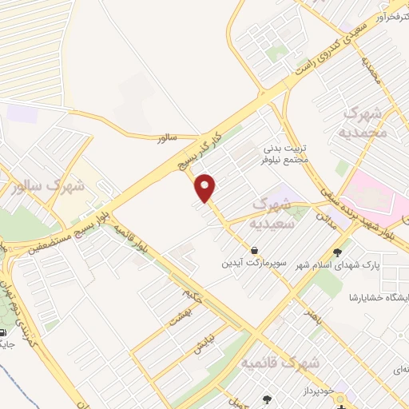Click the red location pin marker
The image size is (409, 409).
pos(206,187)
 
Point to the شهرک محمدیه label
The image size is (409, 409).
pos(365,122)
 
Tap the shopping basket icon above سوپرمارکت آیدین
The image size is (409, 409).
pos(254,250)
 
